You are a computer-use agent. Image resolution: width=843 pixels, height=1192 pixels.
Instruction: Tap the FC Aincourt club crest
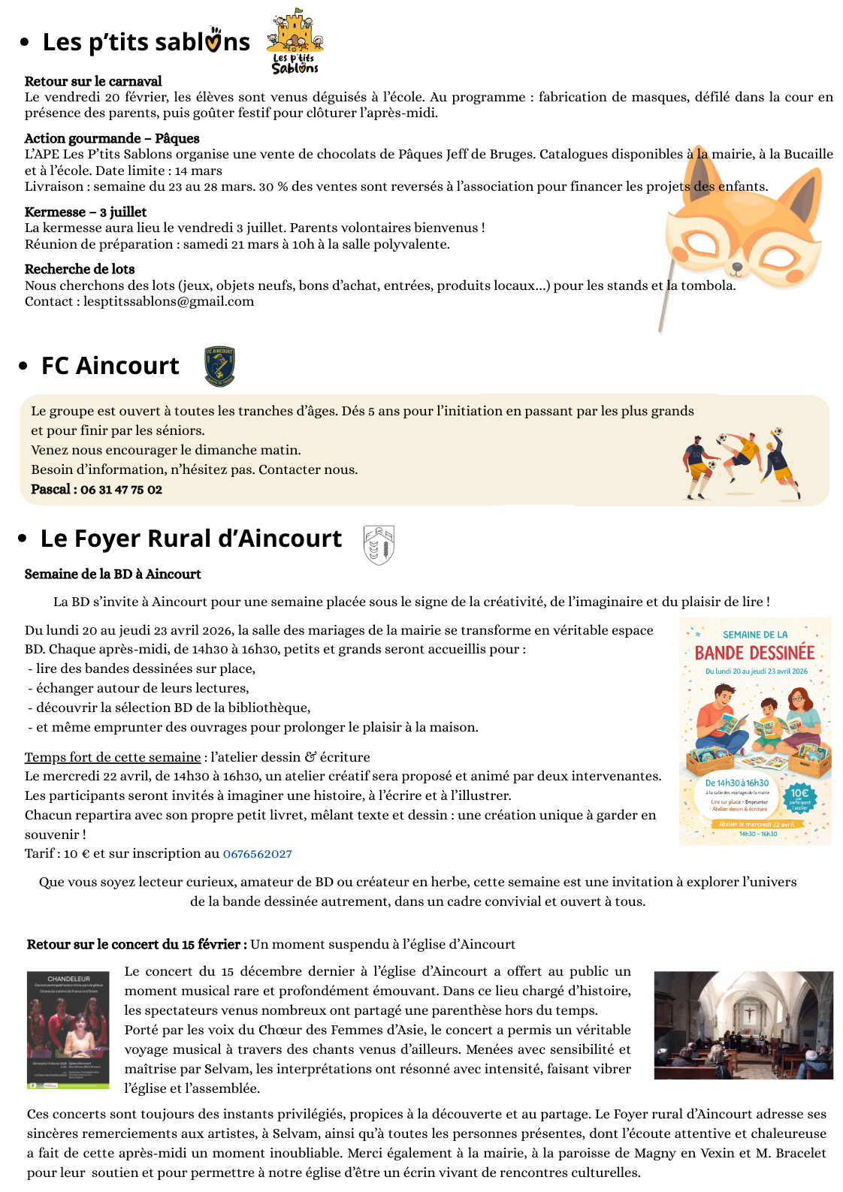(x=219, y=367)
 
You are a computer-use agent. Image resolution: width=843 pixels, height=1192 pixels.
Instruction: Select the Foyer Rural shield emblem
(x=379, y=545)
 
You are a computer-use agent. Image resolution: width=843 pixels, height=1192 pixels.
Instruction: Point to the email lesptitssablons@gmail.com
(x=168, y=302)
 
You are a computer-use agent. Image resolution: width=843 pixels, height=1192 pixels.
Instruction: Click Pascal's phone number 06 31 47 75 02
(x=121, y=490)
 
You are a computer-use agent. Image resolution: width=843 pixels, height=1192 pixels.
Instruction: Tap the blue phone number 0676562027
(x=258, y=854)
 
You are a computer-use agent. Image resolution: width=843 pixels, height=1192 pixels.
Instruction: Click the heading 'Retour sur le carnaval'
(x=93, y=81)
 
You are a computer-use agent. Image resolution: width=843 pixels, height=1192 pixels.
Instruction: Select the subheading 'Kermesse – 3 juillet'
(x=86, y=212)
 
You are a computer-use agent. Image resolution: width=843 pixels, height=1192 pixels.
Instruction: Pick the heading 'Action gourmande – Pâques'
(x=112, y=138)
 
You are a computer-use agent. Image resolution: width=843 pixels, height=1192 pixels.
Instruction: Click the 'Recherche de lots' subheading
(x=80, y=269)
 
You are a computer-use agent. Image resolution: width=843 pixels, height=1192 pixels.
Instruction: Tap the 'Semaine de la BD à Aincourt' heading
(x=113, y=574)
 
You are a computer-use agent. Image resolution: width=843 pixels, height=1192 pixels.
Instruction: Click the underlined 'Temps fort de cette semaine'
(x=113, y=757)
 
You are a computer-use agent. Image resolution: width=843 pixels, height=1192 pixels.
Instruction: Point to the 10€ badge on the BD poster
(x=799, y=796)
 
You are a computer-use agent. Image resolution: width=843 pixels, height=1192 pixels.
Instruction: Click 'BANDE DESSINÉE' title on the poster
(x=754, y=653)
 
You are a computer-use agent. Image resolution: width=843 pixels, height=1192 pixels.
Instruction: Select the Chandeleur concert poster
(x=68, y=1030)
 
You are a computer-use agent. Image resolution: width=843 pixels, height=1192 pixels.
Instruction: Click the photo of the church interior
(x=743, y=1025)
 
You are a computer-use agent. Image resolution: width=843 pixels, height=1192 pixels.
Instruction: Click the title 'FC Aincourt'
(x=110, y=366)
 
